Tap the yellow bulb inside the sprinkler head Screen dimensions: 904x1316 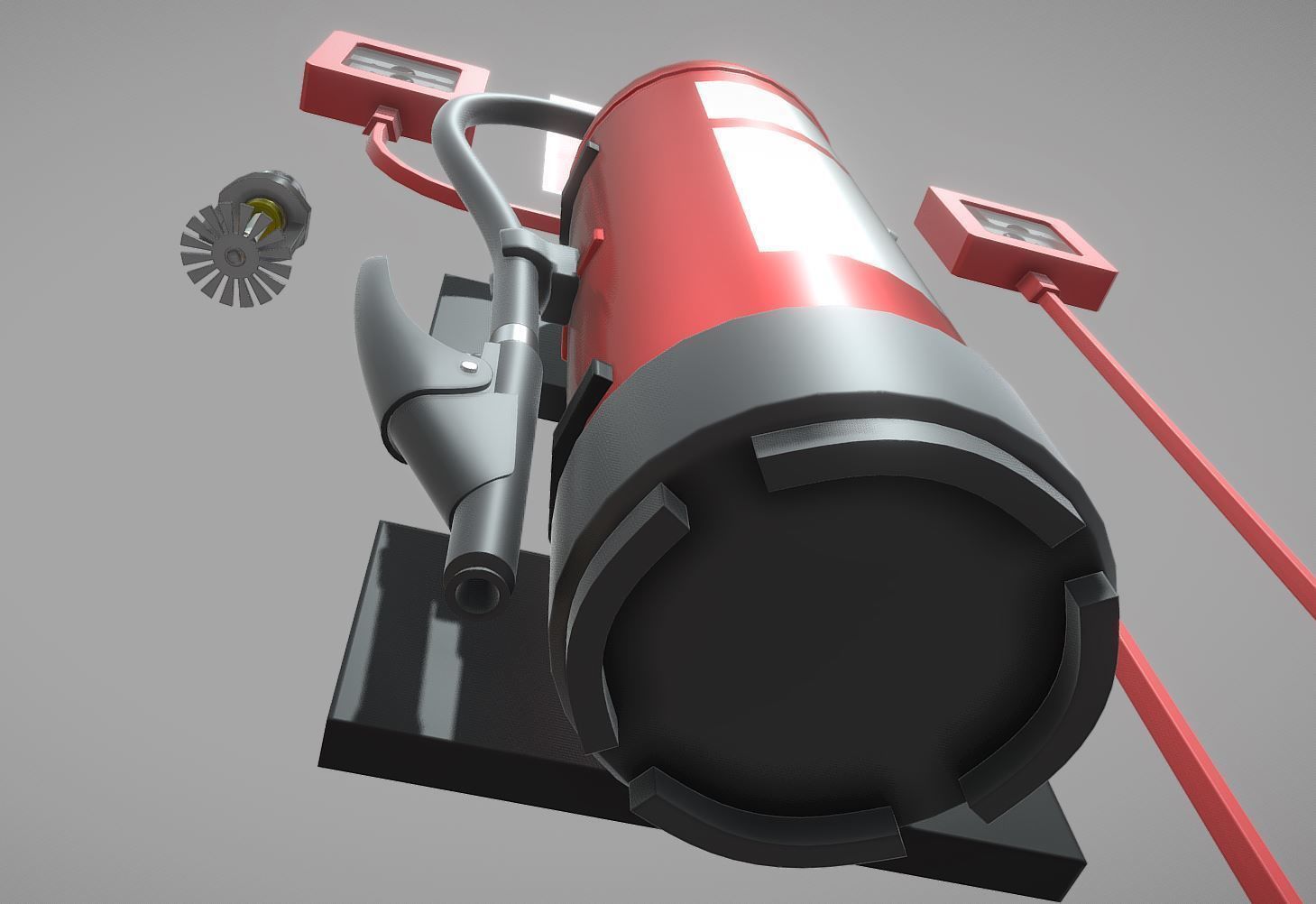point(264,214)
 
